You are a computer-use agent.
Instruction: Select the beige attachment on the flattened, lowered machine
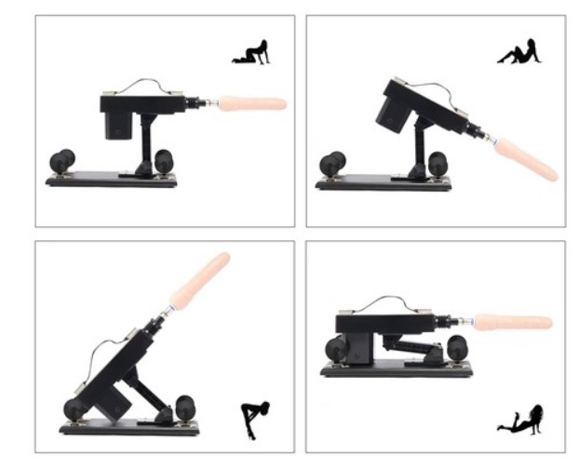pos(513,325)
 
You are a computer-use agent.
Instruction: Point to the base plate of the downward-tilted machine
pos(382,183)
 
